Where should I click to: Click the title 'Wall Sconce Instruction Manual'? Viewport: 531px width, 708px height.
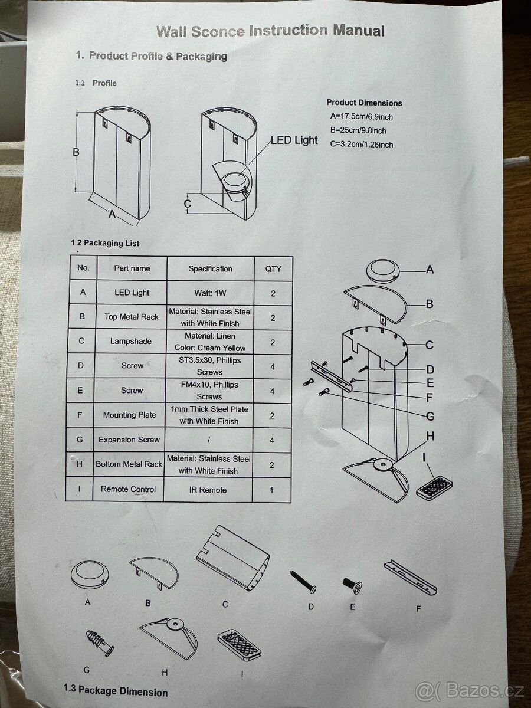tap(270, 31)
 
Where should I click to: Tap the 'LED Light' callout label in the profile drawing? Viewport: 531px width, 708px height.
tap(294, 140)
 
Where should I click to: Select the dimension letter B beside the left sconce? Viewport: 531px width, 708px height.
tap(76, 152)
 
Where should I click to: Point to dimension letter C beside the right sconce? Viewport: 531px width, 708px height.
tap(187, 204)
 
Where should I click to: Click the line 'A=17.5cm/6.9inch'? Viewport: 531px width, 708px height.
tap(361, 117)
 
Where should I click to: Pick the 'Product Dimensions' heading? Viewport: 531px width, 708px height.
tap(364, 103)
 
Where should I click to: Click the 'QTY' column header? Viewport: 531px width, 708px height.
tap(273, 268)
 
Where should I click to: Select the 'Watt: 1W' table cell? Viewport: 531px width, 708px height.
tap(210, 293)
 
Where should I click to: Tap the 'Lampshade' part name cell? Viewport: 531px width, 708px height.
tap(131, 341)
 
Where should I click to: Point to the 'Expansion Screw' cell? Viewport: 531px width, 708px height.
tap(129, 440)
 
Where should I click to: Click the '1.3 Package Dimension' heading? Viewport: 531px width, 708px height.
tap(116, 691)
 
